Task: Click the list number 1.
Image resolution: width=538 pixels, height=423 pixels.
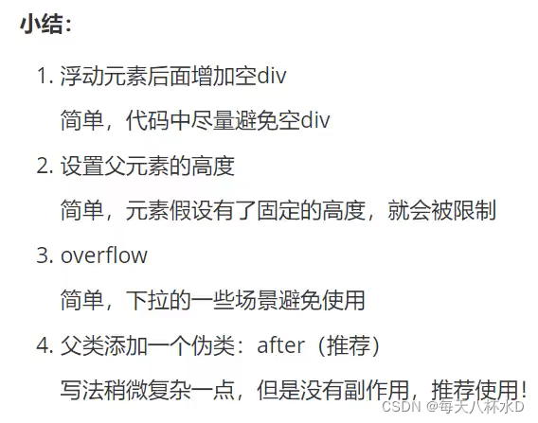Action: click(x=45, y=76)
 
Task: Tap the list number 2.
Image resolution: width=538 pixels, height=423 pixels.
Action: click(x=45, y=166)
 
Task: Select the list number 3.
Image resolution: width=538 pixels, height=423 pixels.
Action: click(x=45, y=256)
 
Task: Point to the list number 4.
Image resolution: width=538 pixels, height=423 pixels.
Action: click(x=45, y=345)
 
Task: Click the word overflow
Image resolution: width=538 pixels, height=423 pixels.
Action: click(x=104, y=256)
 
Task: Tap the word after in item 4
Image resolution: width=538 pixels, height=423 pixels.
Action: click(x=280, y=345)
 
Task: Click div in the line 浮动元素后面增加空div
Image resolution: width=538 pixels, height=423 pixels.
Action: click(x=272, y=75)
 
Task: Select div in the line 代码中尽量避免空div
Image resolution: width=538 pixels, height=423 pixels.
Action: click(x=315, y=120)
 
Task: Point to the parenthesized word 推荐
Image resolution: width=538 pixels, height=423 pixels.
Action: click(x=349, y=345)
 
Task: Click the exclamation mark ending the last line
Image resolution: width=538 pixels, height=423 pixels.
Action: click(x=523, y=389)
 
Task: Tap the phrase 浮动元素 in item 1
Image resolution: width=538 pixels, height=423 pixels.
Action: click(x=103, y=76)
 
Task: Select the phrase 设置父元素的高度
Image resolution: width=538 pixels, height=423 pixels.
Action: click(x=148, y=167)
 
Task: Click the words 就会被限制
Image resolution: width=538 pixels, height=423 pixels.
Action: click(x=442, y=210)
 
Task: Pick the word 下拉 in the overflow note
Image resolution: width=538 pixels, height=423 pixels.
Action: click(x=148, y=300)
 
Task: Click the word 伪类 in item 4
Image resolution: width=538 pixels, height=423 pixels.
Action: click(x=213, y=345)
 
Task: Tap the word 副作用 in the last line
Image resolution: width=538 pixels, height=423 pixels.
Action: click(x=377, y=391)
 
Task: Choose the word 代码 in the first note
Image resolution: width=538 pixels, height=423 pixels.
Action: click(x=148, y=121)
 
